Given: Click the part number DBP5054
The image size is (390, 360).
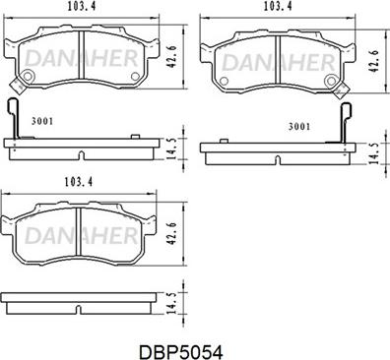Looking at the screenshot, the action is pyautogui.click(x=181, y=352).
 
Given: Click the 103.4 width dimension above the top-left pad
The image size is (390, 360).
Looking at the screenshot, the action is pyautogui.click(x=82, y=7).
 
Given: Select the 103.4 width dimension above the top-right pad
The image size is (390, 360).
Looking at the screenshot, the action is pyautogui.click(x=278, y=7).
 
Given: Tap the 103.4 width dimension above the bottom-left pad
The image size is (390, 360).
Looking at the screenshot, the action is pyautogui.click(x=79, y=181).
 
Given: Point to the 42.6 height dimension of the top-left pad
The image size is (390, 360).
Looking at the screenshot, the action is pyautogui.click(x=171, y=57).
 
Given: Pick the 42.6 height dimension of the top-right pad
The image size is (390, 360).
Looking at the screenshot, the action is pyautogui.click(x=373, y=61).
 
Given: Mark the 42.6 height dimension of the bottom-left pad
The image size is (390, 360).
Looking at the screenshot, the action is pyautogui.click(x=171, y=233).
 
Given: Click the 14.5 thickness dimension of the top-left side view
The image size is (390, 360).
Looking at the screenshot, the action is pyautogui.click(x=171, y=149).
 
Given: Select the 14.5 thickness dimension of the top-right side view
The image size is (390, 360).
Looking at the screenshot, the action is pyautogui.click(x=373, y=153).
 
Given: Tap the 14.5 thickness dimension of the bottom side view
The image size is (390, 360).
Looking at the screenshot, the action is pyautogui.click(x=171, y=303).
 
